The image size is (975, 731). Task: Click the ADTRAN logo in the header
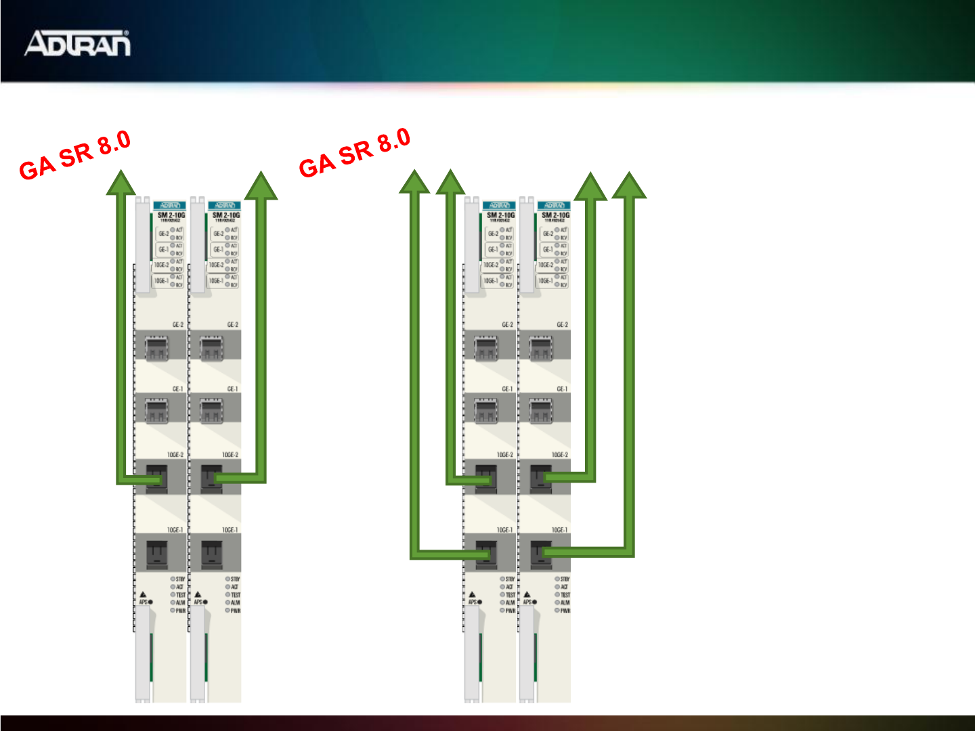[x=77, y=43]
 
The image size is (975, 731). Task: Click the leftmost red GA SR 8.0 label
[x=74, y=156]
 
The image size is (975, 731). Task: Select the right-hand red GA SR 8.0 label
[x=355, y=154]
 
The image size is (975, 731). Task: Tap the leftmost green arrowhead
[x=121, y=183]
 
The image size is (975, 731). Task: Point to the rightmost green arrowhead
[x=629, y=185]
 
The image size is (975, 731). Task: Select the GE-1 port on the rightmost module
[x=540, y=410]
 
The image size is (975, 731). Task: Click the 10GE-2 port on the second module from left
[x=211, y=478]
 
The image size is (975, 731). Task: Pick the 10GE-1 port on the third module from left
[x=486, y=554]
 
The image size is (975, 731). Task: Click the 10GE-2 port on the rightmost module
[x=541, y=478]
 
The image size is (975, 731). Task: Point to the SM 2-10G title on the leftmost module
[x=171, y=215]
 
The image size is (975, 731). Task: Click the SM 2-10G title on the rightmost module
[x=555, y=215]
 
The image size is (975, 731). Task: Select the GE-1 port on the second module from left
[x=211, y=410]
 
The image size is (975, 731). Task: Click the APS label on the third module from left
[x=472, y=602]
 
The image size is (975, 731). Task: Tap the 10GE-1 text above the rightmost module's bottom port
[x=559, y=530]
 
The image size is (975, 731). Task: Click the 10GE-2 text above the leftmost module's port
[x=175, y=455]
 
